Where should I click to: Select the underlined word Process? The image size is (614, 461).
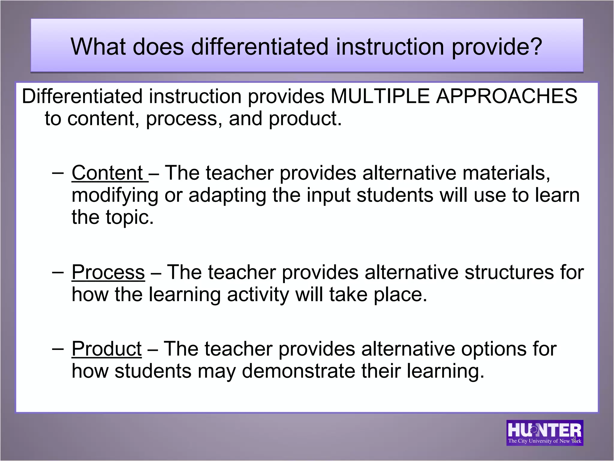108,273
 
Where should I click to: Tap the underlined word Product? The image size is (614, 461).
106,349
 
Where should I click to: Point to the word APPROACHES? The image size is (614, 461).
506,96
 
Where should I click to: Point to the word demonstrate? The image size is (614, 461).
298,371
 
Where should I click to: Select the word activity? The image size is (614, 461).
258,295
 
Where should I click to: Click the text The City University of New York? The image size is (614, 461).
544,441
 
